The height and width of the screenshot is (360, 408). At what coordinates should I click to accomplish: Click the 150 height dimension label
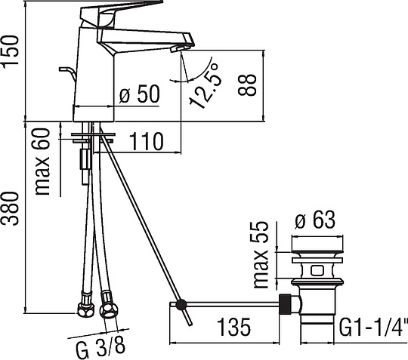tap(11, 52)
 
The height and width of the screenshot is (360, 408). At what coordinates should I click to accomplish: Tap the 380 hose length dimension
tap(11, 208)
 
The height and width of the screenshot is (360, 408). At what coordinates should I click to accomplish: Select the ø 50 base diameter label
tap(140, 94)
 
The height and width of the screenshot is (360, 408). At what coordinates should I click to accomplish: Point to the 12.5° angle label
tap(206, 85)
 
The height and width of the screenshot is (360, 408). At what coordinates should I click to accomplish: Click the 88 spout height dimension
tap(247, 85)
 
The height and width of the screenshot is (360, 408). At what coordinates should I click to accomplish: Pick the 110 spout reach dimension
tap(147, 142)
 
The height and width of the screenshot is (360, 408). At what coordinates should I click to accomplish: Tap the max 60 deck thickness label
tap(42, 162)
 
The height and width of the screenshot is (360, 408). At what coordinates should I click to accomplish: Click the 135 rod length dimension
tap(233, 328)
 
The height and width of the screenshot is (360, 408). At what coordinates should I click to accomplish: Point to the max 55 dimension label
tap(261, 255)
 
